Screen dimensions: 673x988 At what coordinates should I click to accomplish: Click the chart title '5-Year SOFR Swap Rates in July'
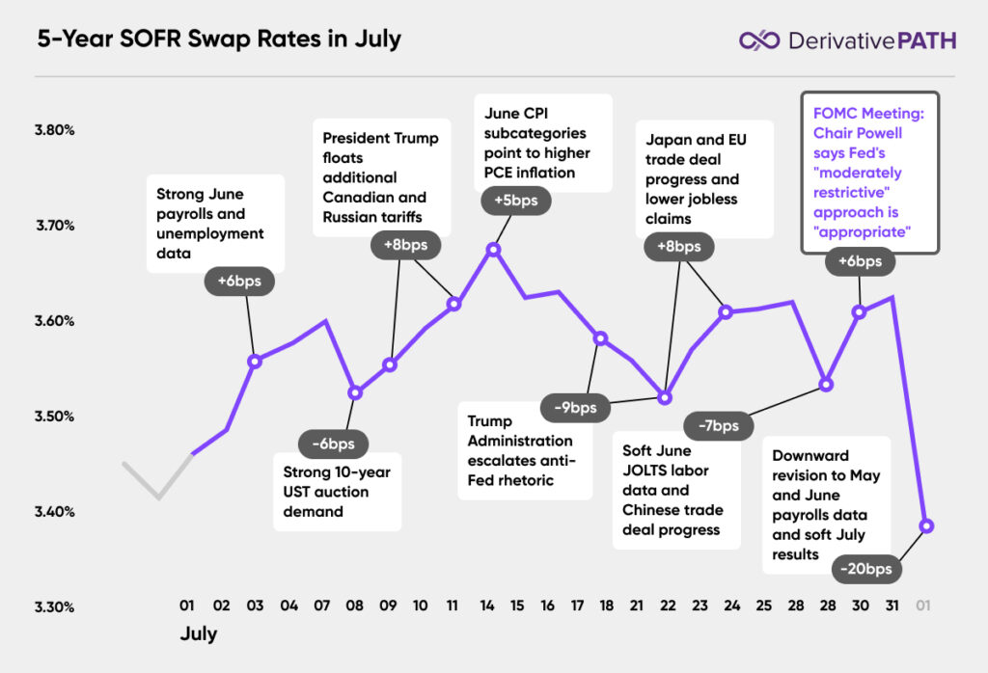219,40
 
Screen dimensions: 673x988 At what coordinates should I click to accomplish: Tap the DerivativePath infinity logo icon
758,40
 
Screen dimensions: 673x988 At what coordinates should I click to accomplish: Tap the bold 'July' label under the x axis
199,634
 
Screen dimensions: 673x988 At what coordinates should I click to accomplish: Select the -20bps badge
866,569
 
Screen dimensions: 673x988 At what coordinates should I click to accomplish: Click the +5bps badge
516,201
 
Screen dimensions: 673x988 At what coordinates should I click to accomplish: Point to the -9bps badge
576,407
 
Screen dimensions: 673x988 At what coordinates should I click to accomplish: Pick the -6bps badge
333,444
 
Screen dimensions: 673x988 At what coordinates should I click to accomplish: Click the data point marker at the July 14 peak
493,250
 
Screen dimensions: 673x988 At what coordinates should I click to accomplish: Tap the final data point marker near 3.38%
927,525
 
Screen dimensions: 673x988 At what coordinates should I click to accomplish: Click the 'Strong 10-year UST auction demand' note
337,492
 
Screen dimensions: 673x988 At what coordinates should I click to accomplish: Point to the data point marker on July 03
254,362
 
